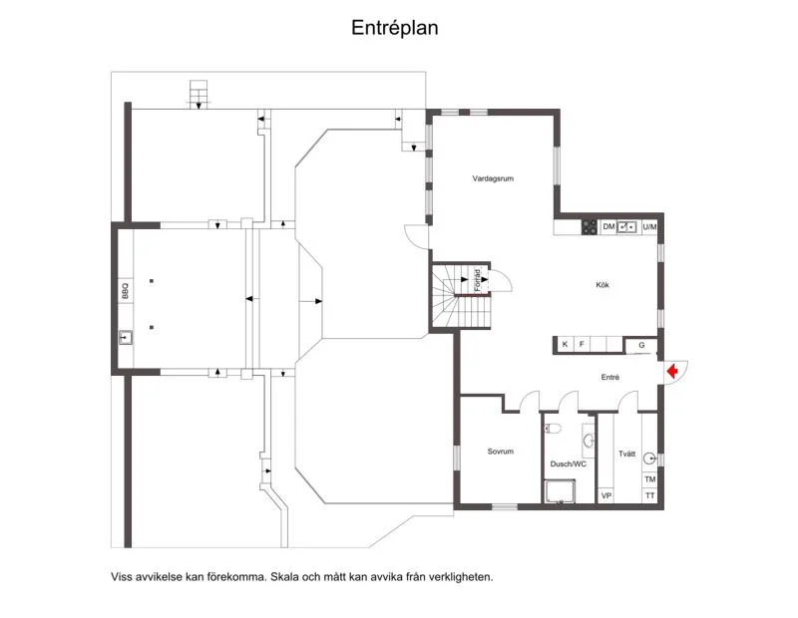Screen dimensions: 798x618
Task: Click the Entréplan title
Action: pyautogui.click(x=394, y=28)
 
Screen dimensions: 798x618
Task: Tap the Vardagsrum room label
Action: pyautogui.click(x=493, y=178)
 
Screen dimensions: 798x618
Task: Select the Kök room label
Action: pyautogui.click(x=602, y=285)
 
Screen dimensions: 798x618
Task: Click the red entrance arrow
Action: pyautogui.click(x=672, y=372)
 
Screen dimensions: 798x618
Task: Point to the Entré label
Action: pyautogui.click(x=610, y=378)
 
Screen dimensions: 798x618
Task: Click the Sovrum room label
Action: pyautogui.click(x=501, y=452)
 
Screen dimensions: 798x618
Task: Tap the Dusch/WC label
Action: pyautogui.click(x=568, y=463)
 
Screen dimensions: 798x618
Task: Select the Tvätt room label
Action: pyautogui.click(x=627, y=454)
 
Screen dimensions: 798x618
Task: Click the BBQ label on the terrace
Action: pyautogui.click(x=126, y=291)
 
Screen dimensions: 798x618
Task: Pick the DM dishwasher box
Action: pyautogui.click(x=608, y=227)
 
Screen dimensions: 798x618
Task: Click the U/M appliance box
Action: pyautogui.click(x=649, y=227)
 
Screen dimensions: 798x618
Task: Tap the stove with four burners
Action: pyautogui.click(x=590, y=227)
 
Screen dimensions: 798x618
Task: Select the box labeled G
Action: pyautogui.click(x=641, y=345)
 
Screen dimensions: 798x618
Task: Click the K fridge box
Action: pyautogui.click(x=565, y=344)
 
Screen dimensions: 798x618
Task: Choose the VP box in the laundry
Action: pyautogui.click(x=606, y=495)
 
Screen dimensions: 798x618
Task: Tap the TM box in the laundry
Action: pyautogui.click(x=650, y=479)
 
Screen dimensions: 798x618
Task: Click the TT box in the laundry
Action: pyautogui.click(x=650, y=495)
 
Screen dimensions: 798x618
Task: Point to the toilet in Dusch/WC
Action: pyautogui.click(x=553, y=429)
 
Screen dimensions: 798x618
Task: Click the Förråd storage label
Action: pyautogui.click(x=478, y=280)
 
